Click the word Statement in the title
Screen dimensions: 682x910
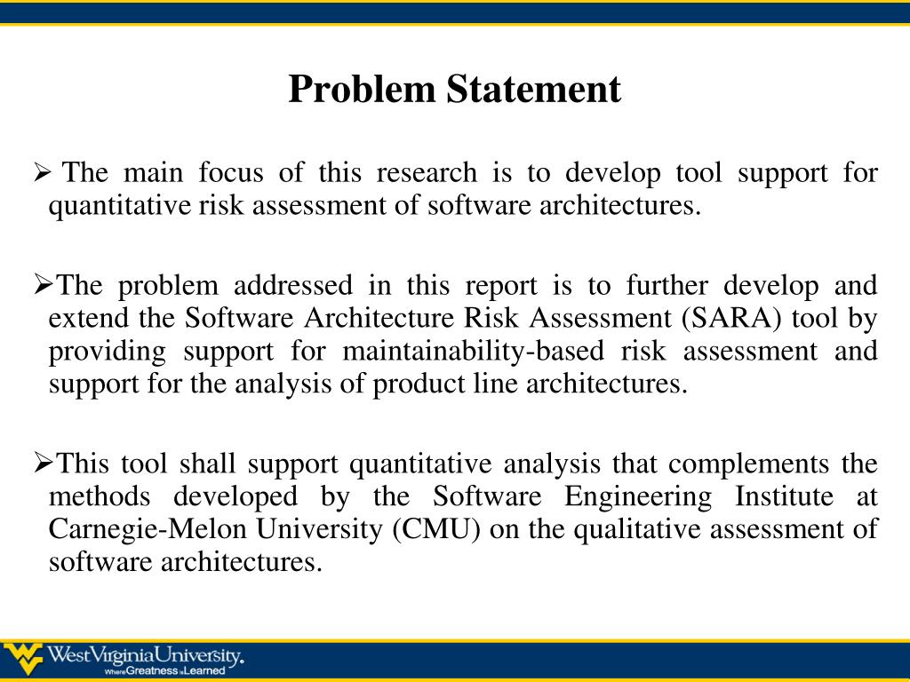click(x=533, y=90)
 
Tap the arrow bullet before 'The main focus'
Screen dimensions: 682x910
click(x=41, y=171)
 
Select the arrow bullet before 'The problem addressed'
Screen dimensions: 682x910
click(x=41, y=285)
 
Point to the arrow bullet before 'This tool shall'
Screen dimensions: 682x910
click(x=41, y=463)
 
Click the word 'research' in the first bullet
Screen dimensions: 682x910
click(x=427, y=171)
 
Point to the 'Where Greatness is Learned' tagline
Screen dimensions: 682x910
click(x=165, y=670)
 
